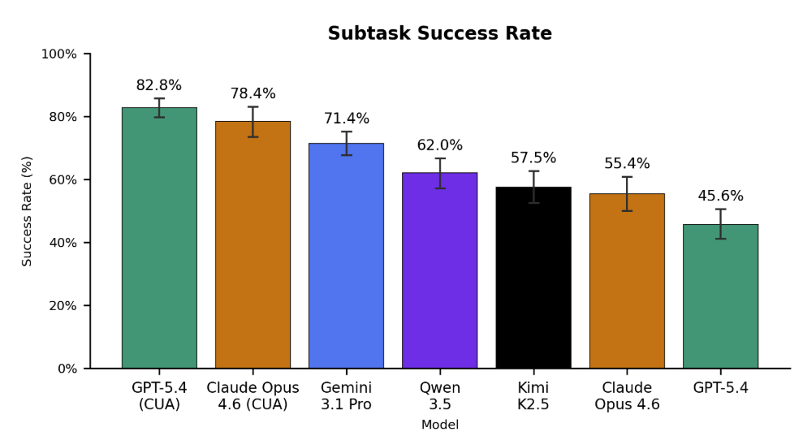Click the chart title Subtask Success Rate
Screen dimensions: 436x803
coord(439,34)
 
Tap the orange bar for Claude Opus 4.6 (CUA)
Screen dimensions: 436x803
coord(253,244)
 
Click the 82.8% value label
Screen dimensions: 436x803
coord(159,86)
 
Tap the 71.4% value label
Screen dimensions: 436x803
coord(346,119)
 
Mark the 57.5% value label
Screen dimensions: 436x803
coord(533,158)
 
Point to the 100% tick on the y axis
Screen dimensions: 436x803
coord(58,54)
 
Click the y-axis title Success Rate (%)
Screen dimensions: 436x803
coord(28,211)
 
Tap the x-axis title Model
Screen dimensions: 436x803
coord(439,425)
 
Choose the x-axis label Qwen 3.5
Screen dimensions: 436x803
coord(439,396)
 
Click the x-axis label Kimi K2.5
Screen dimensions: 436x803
coord(533,396)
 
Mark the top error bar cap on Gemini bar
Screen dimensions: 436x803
coord(346,132)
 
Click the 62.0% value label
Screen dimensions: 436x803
coord(439,146)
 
